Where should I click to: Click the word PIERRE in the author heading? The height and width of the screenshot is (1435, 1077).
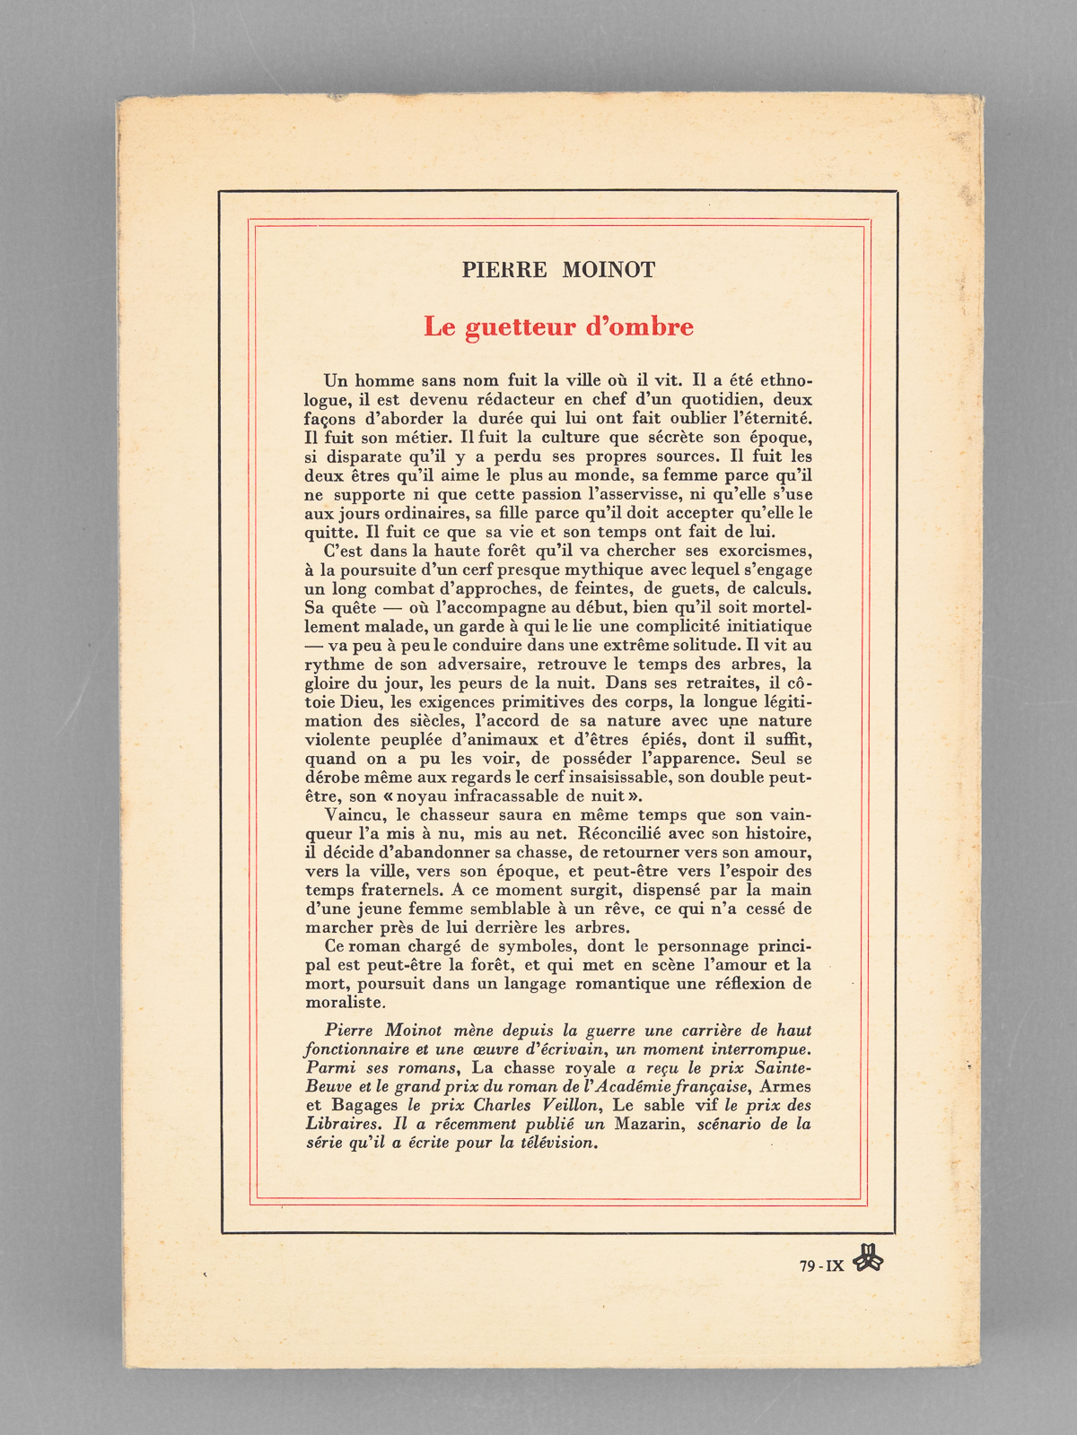coord(504,270)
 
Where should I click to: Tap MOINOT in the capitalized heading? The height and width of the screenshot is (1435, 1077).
coord(609,270)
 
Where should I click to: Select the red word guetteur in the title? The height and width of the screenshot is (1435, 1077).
coord(521,327)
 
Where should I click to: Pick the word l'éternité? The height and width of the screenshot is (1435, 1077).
coord(764,418)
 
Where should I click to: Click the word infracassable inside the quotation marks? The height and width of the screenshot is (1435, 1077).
coord(507,796)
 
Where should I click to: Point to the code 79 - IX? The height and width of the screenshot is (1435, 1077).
coord(821,1266)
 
